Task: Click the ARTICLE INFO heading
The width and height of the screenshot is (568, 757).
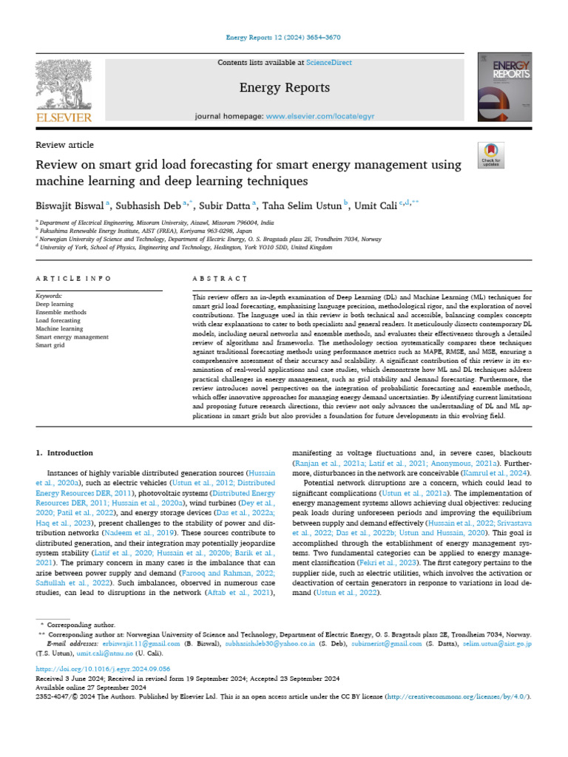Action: [x=74, y=279]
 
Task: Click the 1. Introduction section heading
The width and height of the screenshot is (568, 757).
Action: [x=64, y=452]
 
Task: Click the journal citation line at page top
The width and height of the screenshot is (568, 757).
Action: [x=283, y=37]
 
